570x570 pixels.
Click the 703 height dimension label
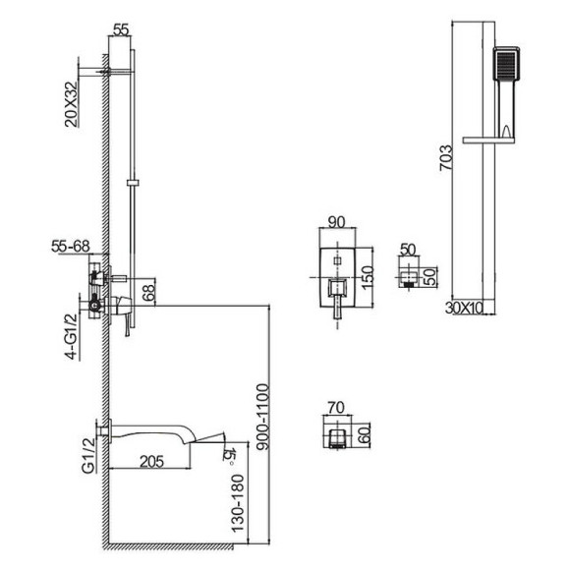point(446,158)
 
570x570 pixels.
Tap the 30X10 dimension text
point(464,309)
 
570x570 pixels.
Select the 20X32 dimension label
point(71,104)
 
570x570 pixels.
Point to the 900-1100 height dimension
point(262,417)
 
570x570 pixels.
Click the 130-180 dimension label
point(238,503)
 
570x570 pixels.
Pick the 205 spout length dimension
point(152,461)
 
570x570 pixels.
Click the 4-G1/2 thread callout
point(73,336)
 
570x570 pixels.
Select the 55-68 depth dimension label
point(70,246)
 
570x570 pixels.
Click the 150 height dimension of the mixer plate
point(368,277)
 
